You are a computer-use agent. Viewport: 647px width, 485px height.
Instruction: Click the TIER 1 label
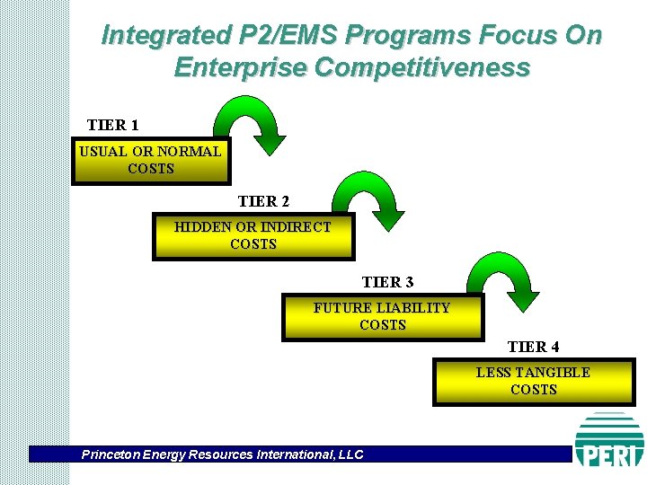(x=112, y=124)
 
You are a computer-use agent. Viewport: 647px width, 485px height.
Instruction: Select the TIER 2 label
(x=263, y=201)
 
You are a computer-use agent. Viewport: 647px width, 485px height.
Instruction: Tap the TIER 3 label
(x=387, y=282)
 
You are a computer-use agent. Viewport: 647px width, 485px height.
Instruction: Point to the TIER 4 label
(x=533, y=347)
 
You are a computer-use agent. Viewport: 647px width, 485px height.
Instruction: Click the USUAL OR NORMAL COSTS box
(x=150, y=161)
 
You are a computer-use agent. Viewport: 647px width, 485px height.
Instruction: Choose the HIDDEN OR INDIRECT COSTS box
(x=253, y=236)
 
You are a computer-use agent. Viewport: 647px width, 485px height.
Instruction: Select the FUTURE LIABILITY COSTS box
(x=382, y=317)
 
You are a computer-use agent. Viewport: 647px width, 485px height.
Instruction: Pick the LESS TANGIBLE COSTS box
(x=533, y=382)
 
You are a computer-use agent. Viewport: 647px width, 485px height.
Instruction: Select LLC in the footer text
(x=350, y=454)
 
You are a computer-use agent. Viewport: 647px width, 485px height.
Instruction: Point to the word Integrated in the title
(x=154, y=36)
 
